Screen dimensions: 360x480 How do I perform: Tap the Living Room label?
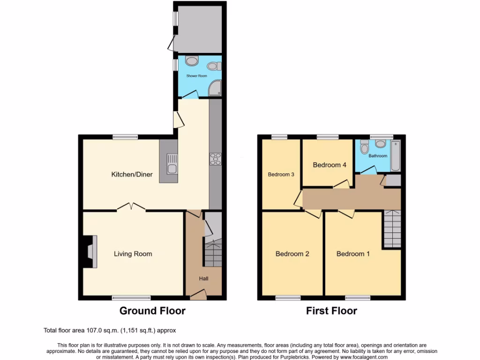point(133,254)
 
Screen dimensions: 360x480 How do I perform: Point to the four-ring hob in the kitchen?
point(216,159)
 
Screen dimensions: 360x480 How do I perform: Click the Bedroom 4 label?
point(330,165)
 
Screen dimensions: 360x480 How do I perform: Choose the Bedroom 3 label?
point(281,174)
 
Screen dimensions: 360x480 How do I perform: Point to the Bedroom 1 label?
point(353,254)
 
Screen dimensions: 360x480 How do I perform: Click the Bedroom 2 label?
point(292,254)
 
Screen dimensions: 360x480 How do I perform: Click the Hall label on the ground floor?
point(203,278)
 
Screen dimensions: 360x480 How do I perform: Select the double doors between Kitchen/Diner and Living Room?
point(131,206)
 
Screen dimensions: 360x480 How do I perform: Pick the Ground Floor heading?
point(152,310)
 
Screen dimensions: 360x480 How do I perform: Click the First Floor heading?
point(331,310)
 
